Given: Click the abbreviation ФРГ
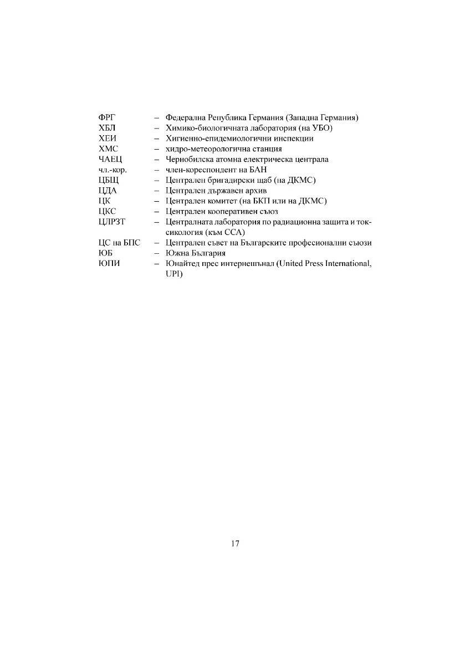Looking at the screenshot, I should (x=105, y=118).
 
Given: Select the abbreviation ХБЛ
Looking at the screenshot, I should (x=106, y=129).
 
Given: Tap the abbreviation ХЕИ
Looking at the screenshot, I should (x=106, y=139).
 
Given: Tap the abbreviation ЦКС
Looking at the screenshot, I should (x=107, y=212).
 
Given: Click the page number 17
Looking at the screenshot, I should (x=235, y=544).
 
